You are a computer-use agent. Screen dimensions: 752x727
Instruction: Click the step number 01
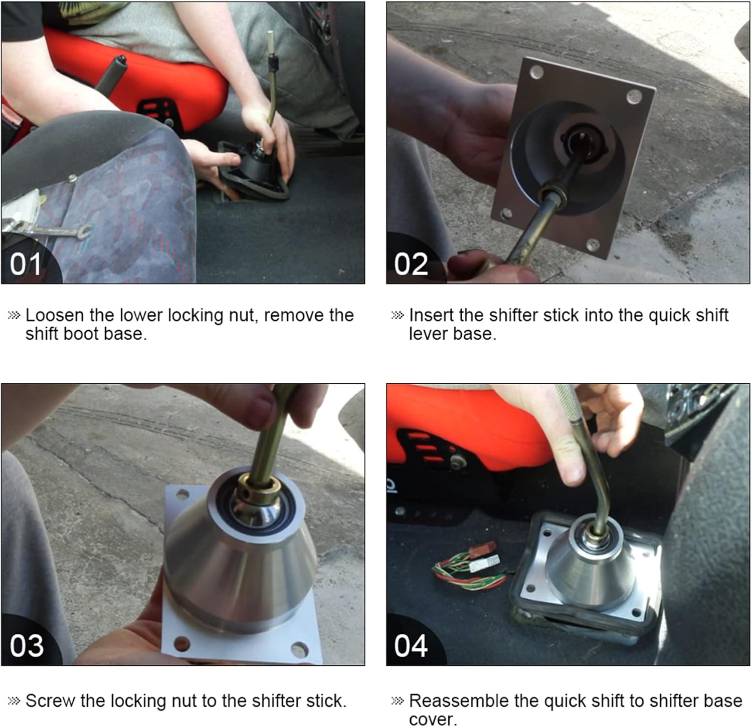(x=26, y=264)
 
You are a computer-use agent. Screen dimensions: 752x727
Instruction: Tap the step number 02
(x=411, y=264)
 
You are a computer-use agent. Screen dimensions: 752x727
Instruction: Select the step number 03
(x=27, y=645)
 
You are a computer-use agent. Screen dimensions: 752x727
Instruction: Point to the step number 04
(x=411, y=645)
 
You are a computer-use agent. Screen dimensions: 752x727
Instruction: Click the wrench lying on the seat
(x=48, y=229)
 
